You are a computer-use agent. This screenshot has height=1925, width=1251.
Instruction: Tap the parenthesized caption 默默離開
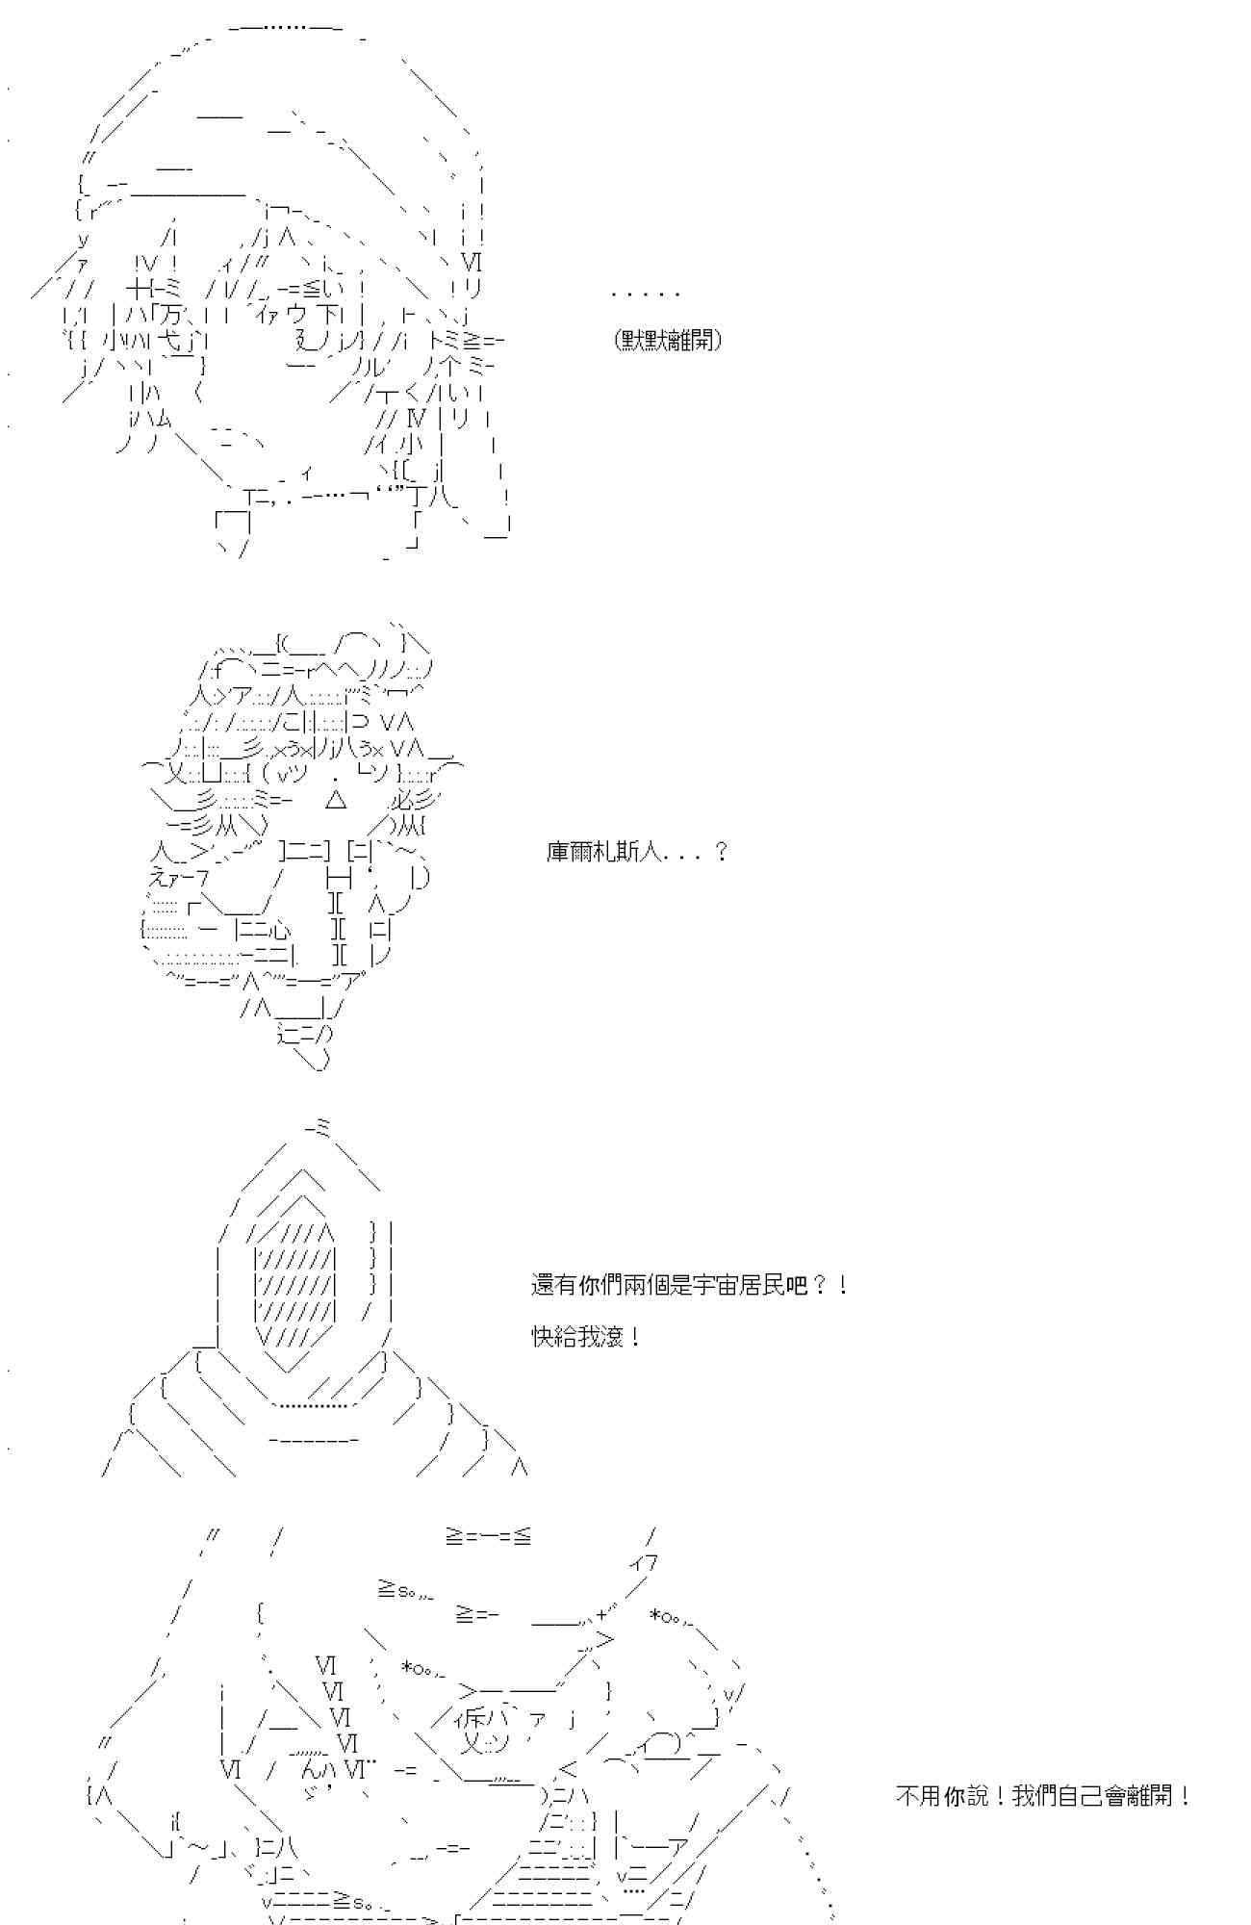pos(668,340)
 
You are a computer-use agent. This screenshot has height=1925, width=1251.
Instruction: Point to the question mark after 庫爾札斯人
pos(722,852)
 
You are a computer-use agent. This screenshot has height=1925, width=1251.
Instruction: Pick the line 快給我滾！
pos(586,1337)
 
